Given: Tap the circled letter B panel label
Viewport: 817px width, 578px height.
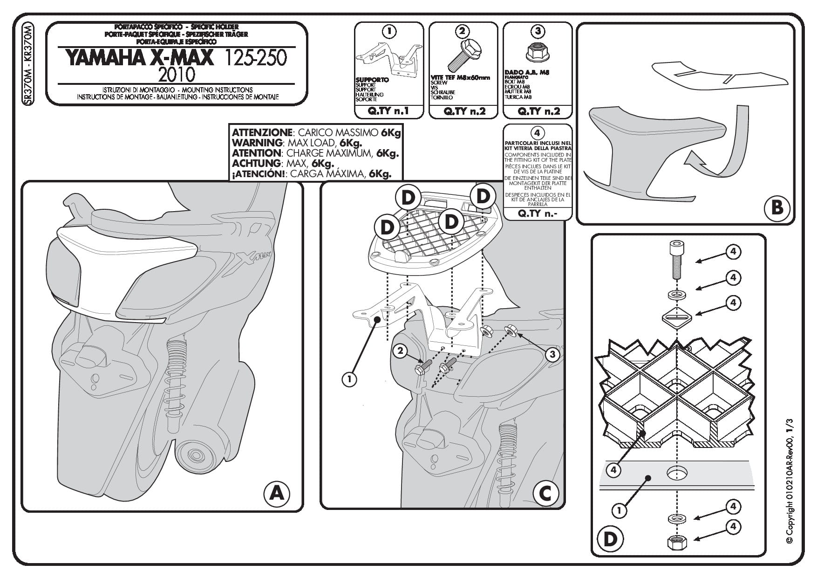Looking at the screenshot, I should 776,207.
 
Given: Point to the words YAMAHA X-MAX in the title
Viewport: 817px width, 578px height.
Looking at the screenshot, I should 139,58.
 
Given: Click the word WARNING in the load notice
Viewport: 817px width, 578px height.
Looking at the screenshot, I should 257,143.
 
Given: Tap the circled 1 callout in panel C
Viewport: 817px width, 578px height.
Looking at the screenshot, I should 349,379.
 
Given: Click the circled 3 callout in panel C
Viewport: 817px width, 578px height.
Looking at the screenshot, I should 552,355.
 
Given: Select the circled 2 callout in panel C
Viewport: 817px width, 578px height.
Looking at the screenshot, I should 400,351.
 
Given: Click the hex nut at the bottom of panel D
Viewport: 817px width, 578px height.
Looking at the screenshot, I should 676,542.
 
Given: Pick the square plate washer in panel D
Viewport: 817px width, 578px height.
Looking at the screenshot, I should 676,317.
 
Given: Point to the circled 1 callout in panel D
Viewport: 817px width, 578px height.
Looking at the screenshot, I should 619,511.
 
